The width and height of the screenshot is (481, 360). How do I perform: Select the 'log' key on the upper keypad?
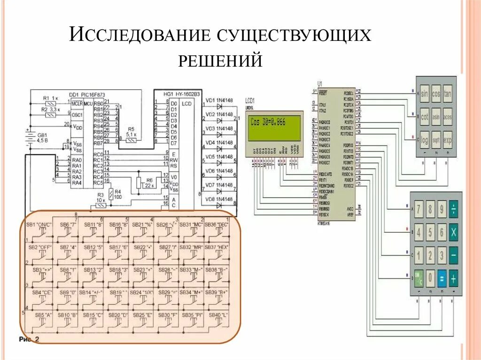425,140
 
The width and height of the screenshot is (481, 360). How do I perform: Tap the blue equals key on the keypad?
442,279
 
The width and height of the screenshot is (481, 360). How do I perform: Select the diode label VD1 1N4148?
219,100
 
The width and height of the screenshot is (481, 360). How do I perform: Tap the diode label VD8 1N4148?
219,199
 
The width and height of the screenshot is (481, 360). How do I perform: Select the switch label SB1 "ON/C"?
39,225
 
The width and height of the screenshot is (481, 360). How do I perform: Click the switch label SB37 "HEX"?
219,247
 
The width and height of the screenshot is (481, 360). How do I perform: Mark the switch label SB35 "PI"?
193,314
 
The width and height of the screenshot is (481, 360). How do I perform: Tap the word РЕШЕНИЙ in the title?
220,60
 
